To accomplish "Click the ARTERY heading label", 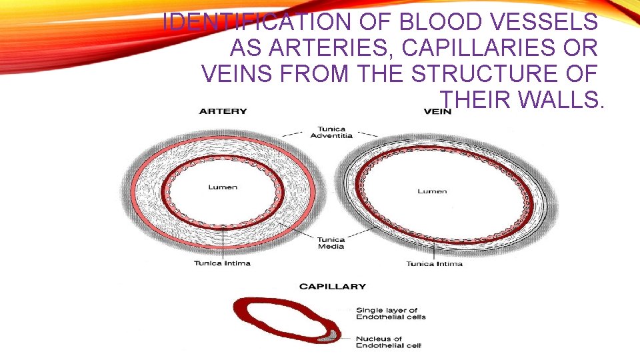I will [x=223, y=111].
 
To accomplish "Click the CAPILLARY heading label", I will [x=332, y=287].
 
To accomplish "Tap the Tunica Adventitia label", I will [x=331, y=132].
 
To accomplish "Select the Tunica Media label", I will [x=331, y=243].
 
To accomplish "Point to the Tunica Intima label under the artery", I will [x=222, y=263].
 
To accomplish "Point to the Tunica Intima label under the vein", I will [x=434, y=264].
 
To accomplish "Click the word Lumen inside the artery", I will [x=223, y=187].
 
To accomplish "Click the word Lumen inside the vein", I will [x=432, y=191].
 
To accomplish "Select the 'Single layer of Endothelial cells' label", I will [x=390, y=313].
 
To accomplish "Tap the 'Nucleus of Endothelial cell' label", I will [x=389, y=341].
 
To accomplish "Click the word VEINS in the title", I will [x=237, y=74].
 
